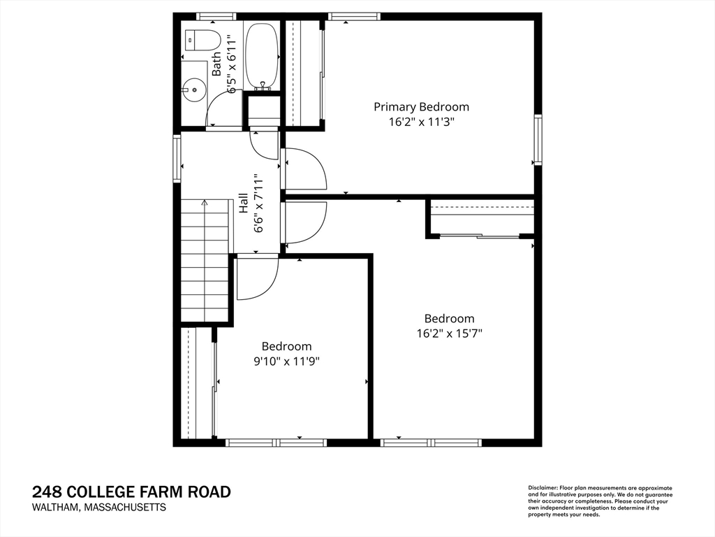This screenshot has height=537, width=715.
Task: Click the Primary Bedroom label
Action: pyautogui.click(x=421, y=107)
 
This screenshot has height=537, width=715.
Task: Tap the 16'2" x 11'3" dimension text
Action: pyautogui.click(x=421, y=121)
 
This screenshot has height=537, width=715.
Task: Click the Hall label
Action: pyautogui.click(x=244, y=203)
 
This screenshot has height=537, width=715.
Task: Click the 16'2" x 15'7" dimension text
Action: pyautogui.click(x=449, y=333)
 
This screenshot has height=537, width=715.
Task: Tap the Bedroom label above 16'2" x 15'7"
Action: pyautogui.click(x=449, y=319)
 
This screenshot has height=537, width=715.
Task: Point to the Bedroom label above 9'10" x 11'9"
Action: pyautogui.click(x=286, y=346)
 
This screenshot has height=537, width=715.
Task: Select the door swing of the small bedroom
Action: pyautogui.click(x=256, y=278)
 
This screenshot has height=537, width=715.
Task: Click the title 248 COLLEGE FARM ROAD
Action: pyautogui.click(x=131, y=492)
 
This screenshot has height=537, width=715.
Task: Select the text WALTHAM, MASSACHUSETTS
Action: pyautogui.click(x=98, y=508)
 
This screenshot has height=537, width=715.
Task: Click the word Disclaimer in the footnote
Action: pyautogui.click(x=541, y=488)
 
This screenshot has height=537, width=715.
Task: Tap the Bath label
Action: pyautogui.click(x=216, y=64)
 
